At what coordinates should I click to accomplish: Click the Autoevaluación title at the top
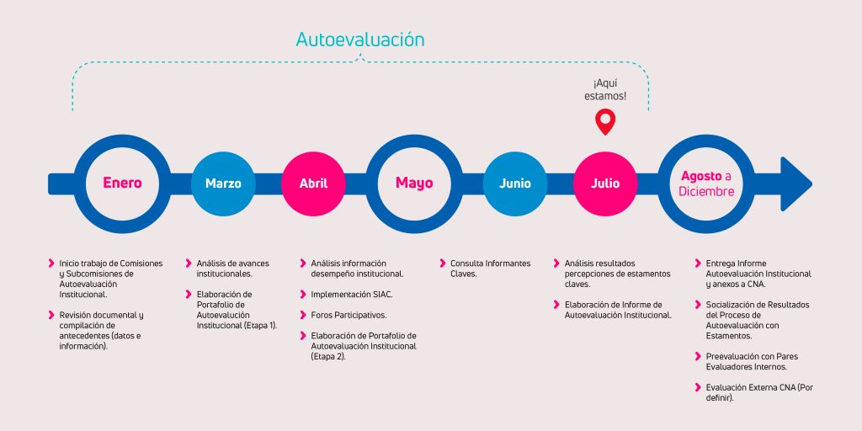[359, 39]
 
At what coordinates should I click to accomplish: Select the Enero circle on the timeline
[122, 183]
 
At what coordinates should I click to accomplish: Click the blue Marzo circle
[223, 184]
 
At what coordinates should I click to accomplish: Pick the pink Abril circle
[313, 184]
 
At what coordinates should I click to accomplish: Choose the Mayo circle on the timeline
[414, 183]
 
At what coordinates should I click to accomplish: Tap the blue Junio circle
[514, 184]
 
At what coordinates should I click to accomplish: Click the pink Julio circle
[605, 184]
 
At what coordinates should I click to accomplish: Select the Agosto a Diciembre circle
[706, 184]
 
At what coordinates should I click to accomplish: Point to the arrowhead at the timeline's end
[795, 184]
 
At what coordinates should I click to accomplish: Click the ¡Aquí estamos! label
[605, 89]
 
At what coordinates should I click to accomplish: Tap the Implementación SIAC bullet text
[351, 295]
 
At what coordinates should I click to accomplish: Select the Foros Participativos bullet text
[349, 315]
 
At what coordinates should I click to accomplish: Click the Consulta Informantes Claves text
[490, 269]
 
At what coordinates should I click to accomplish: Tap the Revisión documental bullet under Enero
[101, 331]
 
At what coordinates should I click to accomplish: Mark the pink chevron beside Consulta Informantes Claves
[443, 263]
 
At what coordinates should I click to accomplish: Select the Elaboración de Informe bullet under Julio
[617, 310]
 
